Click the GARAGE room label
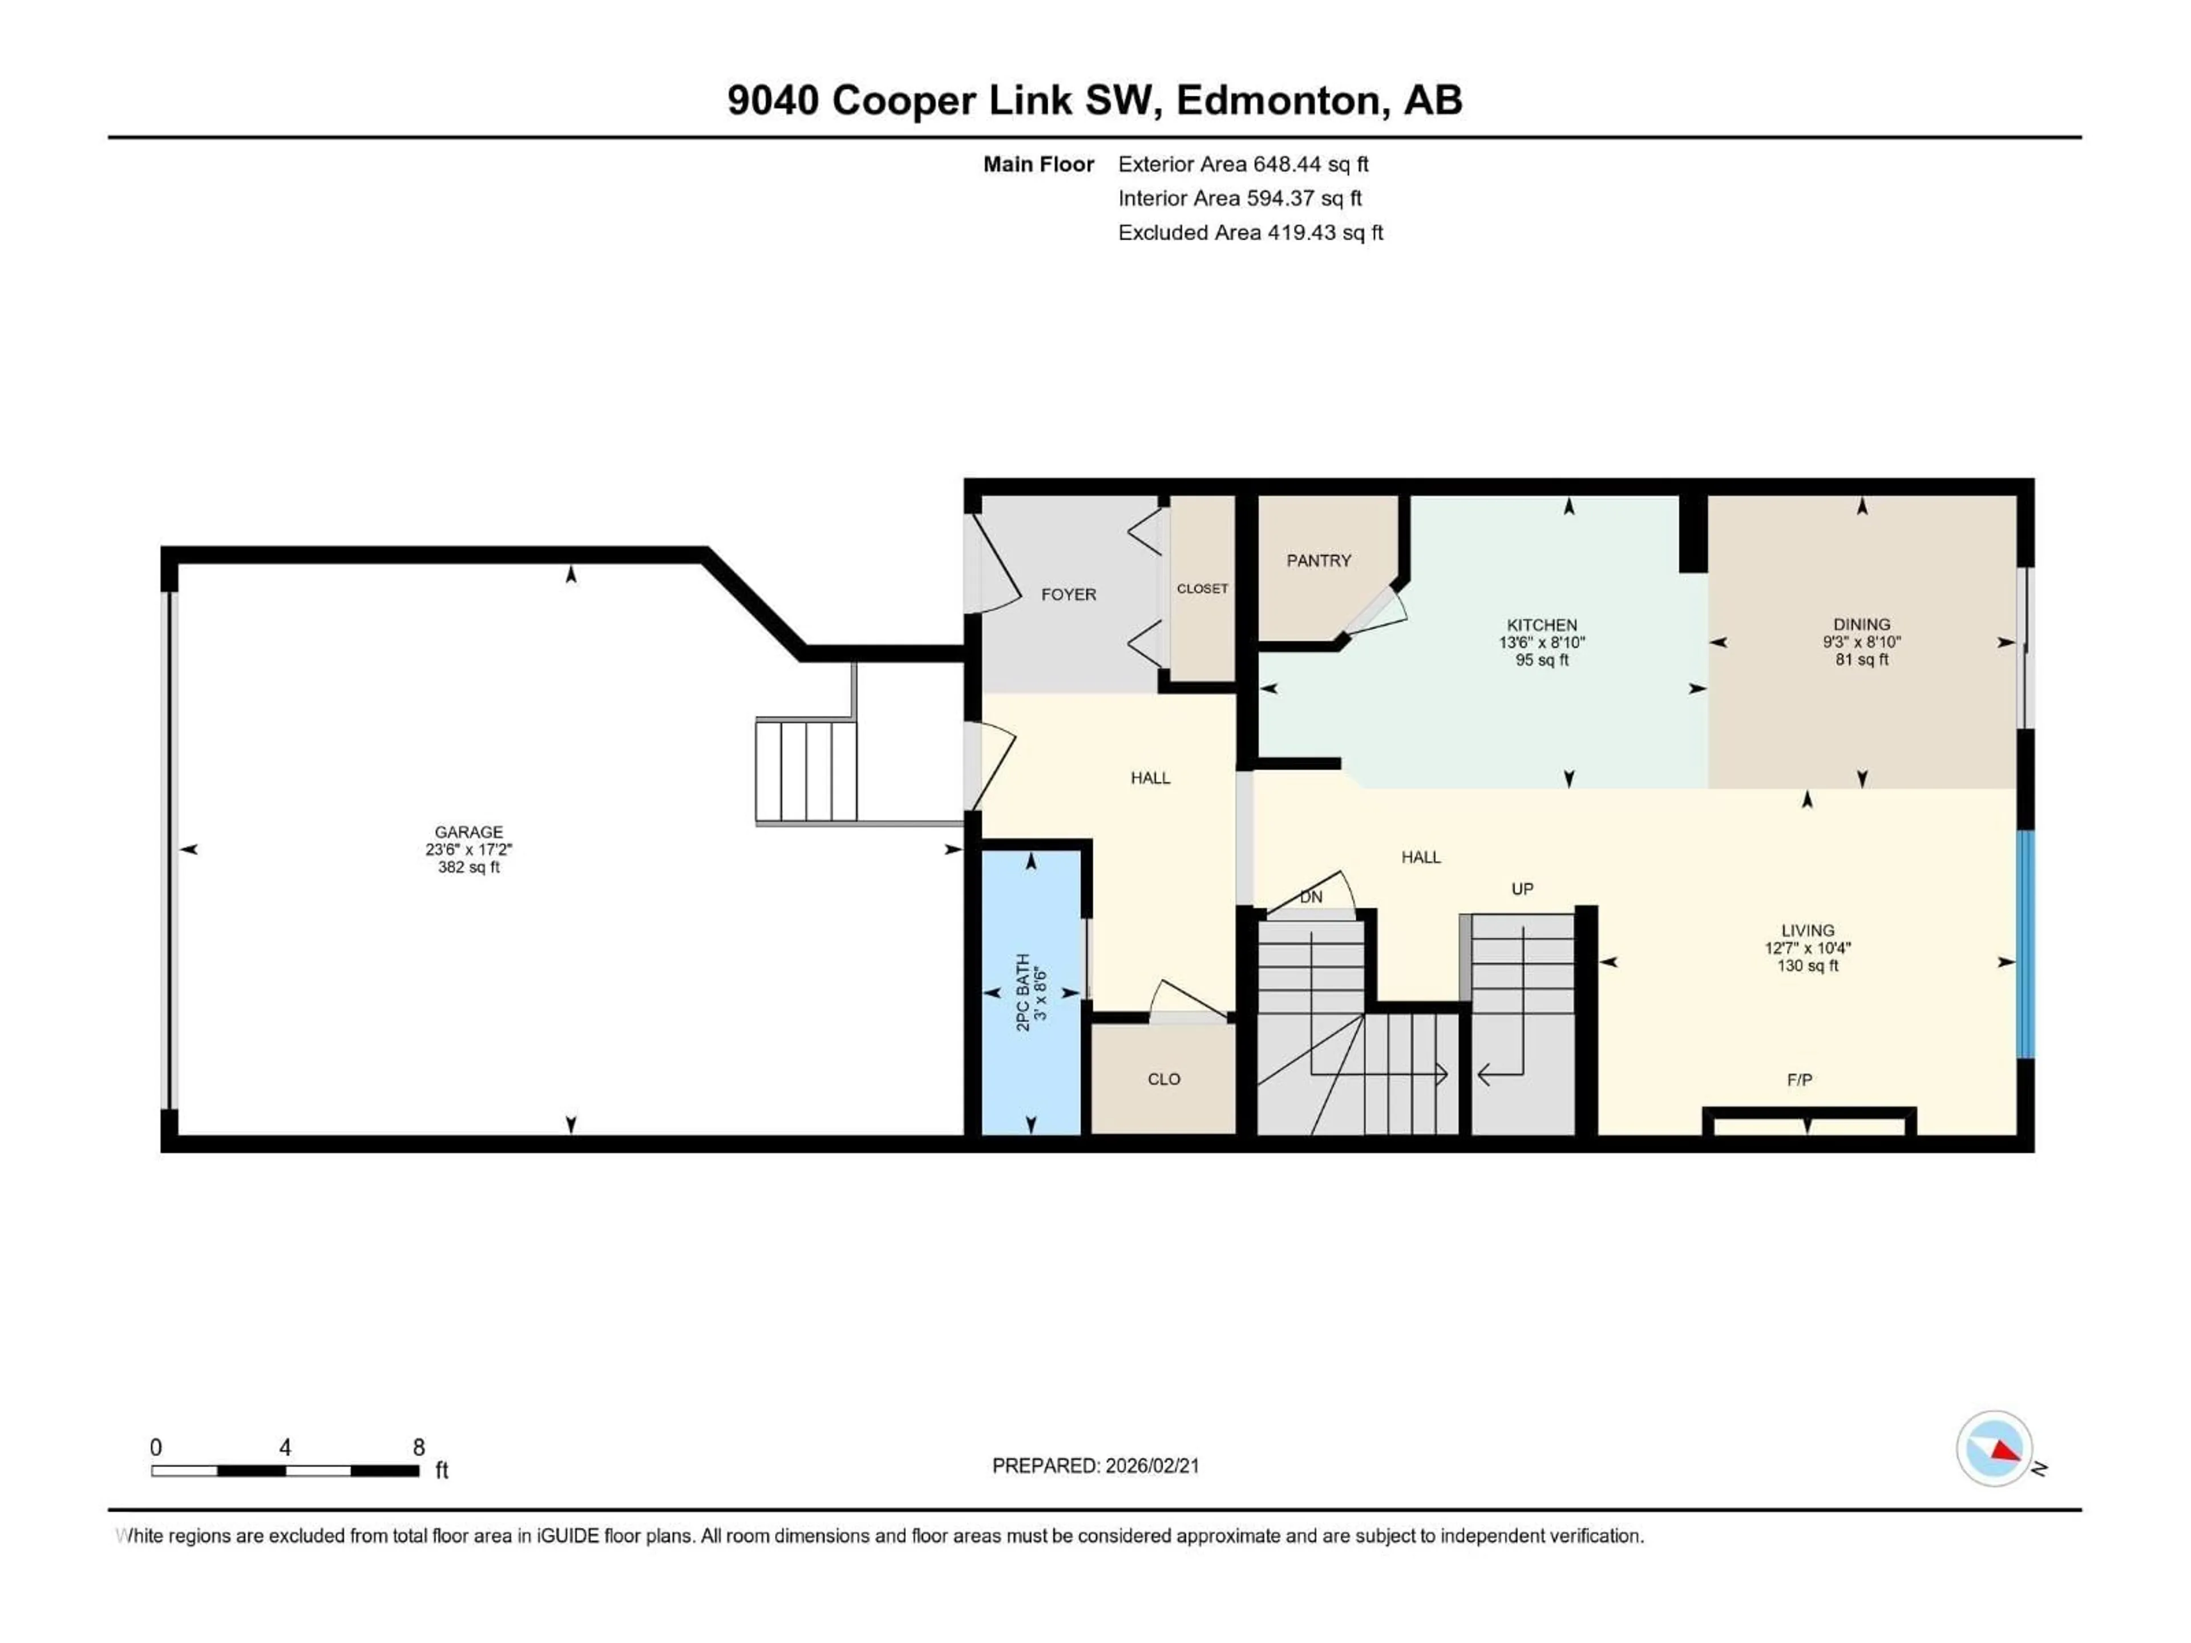468,832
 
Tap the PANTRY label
1319,561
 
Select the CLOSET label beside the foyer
1202,588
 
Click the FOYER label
1068,594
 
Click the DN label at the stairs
1311,897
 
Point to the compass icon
1994,1449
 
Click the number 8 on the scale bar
419,1447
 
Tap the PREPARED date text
1095,1466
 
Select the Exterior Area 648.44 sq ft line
1243,164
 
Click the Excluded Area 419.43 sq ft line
1250,233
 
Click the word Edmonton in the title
1278,100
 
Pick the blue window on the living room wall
2026,944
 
